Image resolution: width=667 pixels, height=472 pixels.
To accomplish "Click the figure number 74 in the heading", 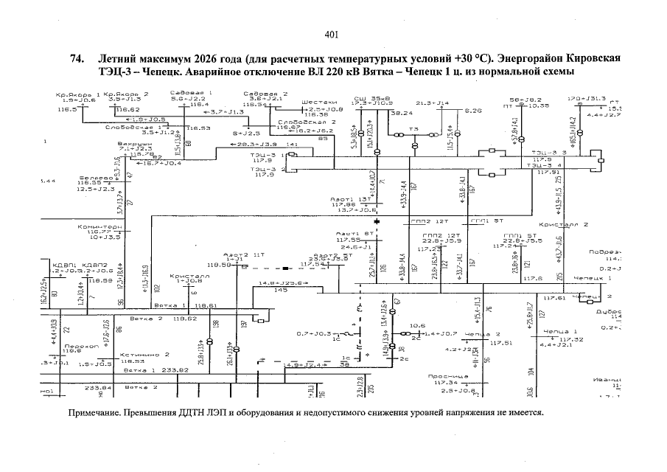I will click(74, 59).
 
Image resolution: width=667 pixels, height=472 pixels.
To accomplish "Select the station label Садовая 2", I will click(265, 94).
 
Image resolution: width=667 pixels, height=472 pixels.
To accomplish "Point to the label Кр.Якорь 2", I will click(126, 94).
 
